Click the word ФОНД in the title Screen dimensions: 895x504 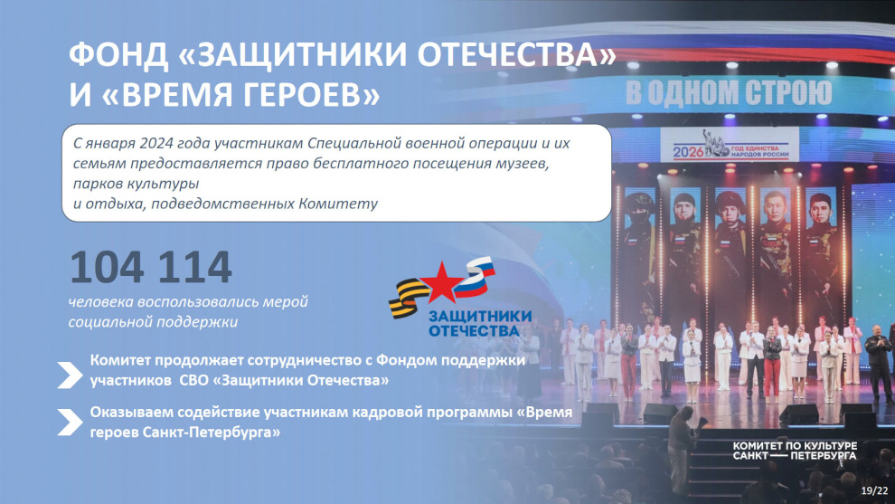[x=118, y=55]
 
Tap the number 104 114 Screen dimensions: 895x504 [x=151, y=267]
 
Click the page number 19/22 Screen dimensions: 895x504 [x=874, y=490]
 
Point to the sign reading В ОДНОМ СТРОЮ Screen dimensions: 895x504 [x=729, y=93]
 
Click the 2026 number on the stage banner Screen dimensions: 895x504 [x=688, y=152]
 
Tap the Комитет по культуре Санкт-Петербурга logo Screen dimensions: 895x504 [x=795, y=451]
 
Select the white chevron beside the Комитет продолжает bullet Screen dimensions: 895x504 [x=70, y=375]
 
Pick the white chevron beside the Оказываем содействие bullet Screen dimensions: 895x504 [x=70, y=423]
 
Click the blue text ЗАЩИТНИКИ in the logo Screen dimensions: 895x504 [x=480, y=317]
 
